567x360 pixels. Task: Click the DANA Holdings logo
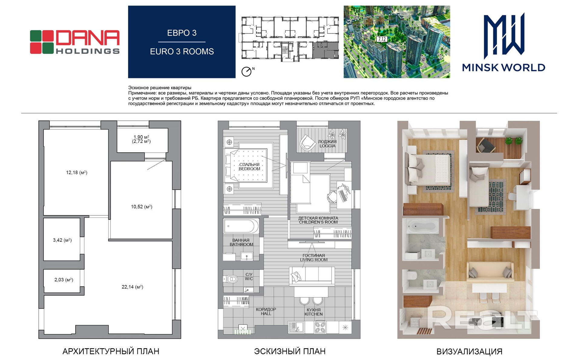pyautogui.click(x=75, y=42)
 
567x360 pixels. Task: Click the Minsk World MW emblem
pyautogui.click(x=504, y=36)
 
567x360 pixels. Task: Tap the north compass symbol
pyautogui.click(x=246, y=72)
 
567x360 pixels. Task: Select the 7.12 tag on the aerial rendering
pyautogui.click(x=382, y=39)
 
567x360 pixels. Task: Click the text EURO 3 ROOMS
pyautogui.click(x=182, y=51)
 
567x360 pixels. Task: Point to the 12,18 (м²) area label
pyautogui.click(x=77, y=172)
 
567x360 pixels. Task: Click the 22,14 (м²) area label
pyautogui.click(x=132, y=287)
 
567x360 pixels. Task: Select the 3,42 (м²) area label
pyautogui.click(x=62, y=240)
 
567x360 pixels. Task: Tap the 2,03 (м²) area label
pyautogui.click(x=64, y=280)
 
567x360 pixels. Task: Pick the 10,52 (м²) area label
pyautogui.click(x=142, y=207)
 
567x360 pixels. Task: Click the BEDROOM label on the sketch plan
pyautogui.click(x=249, y=169)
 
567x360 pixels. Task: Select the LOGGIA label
pyautogui.click(x=327, y=146)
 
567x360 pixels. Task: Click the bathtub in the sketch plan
pyautogui.click(x=241, y=226)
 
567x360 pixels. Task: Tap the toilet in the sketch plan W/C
pyautogui.click(x=231, y=279)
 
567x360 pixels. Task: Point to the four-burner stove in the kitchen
pyautogui.click(x=320, y=327)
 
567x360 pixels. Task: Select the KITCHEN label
pyautogui.click(x=313, y=314)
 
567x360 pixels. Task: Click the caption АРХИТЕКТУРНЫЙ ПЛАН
pyautogui.click(x=111, y=351)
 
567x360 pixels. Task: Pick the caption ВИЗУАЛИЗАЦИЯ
pyautogui.click(x=469, y=352)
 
